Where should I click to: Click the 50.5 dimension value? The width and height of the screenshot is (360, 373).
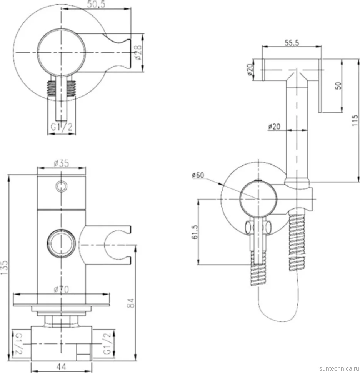[96, 4]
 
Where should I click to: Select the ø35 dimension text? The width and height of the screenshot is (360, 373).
[62, 163]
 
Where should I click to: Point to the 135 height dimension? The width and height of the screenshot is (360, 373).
[4, 268]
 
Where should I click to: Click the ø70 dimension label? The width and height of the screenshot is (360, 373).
[62, 289]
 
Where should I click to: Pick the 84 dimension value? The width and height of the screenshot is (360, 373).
[130, 303]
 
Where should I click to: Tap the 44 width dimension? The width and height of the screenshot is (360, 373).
[61, 366]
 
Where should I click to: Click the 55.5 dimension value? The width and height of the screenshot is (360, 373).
[292, 43]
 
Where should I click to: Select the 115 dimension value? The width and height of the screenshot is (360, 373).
[355, 120]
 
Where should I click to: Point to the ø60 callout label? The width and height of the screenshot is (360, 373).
[198, 175]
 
